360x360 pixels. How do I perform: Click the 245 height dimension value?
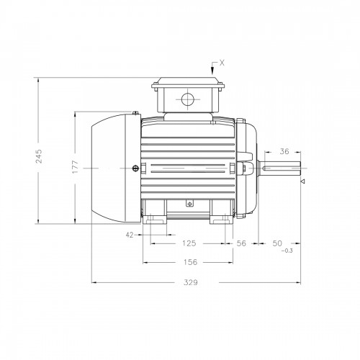pos(39,156)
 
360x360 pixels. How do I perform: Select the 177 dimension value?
pos(76,167)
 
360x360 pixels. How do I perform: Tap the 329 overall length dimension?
pos(191,282)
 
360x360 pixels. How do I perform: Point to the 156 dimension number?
pos(190,262)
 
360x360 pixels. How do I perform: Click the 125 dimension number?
pos(189,243)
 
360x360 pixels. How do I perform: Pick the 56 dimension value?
pos(241,243)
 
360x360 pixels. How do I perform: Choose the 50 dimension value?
pos(277,243)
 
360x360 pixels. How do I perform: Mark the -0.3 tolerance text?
pos(287,251)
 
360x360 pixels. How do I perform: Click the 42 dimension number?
pos(130,235)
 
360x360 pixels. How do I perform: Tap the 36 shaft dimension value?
pos(284,151)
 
